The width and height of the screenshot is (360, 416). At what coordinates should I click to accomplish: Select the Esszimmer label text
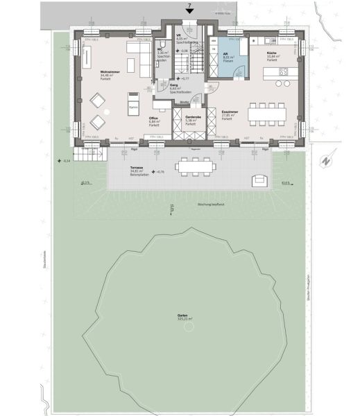(231, 112)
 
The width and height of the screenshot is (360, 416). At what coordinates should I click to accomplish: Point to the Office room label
(153, 119)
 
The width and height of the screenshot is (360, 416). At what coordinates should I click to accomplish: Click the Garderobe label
(193, 119)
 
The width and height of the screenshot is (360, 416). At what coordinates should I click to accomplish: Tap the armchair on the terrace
(260, 180)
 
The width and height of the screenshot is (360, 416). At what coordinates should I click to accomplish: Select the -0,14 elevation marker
(65, 160)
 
